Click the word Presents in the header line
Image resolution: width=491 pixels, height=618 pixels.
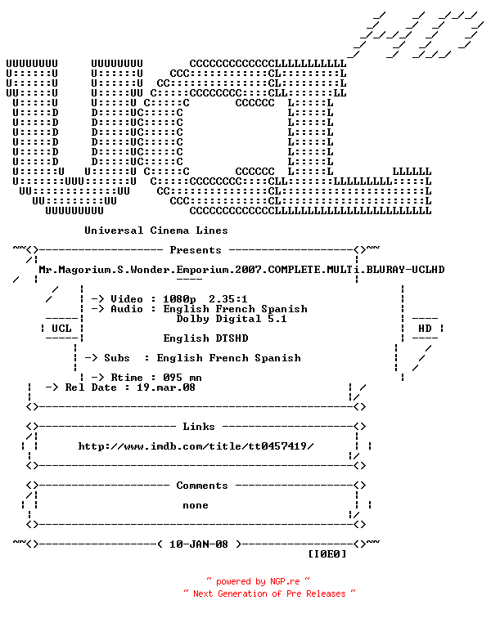pyautogui.click(x=196, y=250)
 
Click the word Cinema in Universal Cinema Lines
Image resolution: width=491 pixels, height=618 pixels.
pyautogui.click(x=169, y=231)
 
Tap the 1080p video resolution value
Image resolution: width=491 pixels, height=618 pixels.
pyautogui.click(x=179, y=299)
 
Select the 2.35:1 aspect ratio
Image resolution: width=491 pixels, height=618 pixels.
pyautogui.click(x=228, y=299)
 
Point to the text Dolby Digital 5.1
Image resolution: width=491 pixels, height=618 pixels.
pyautogui.click(x=232, y=319)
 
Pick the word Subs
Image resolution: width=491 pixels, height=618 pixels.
pyautogui.click(x=117, y=358)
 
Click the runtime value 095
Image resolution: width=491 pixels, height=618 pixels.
pyautogui.click(x=173, y=378)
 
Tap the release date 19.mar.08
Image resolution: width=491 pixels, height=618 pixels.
pyautogui.click(x=166, y=387)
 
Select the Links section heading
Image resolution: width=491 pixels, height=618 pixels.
pyautogui.click(x=199, y=427)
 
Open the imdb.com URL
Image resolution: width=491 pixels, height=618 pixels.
pyautogui.click(x=196, y=446)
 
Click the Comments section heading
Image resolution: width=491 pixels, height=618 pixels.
pyautogui.click(x=202, y=486)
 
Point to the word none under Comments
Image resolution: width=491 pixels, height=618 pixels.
pyautogui.click(x=196, y=506)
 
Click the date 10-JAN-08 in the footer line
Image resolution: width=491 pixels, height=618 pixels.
pyautogui.click(x=199, y=544)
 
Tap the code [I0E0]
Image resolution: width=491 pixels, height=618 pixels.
pyautogui.click(x=327, y=554)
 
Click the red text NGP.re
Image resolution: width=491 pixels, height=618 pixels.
pyautogui.click(x=285, y=582)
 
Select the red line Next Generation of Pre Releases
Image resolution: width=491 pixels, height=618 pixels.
pyautogui.click(x=269, y=594)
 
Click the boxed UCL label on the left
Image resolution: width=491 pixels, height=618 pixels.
pyautogui.click(x=61, y=329)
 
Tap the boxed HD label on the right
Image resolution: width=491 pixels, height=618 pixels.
pyautogui.click(x=425, y=329)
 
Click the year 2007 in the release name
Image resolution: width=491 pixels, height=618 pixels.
pyautogui.click(x=248, y=270)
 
